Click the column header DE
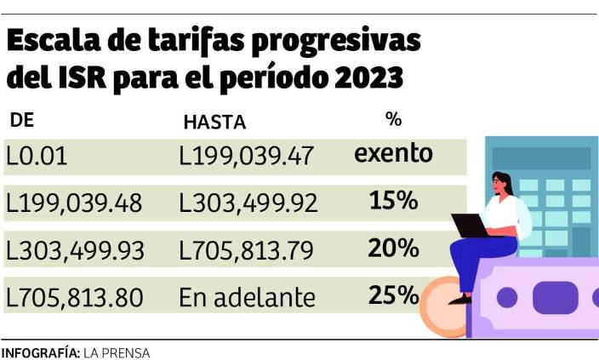coord(21,120)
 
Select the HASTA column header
coord(214,122)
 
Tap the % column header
coord(393,119)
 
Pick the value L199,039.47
coord(247,156)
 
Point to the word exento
coord(393,154)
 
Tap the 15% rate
coord(393,201)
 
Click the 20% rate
coord(393,249)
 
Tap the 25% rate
coord(393,295)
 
